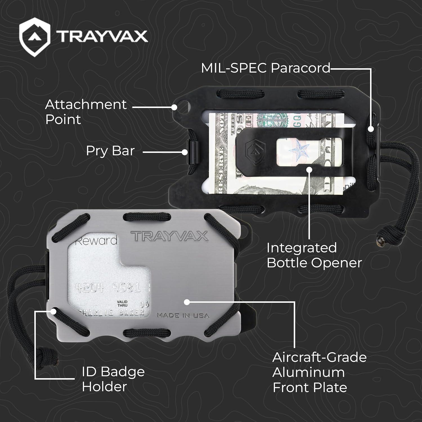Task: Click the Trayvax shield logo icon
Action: [x=35, y=37]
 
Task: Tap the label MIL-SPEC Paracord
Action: [x=266, y=68]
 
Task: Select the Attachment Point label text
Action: [x=86, y=112]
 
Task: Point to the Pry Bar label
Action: [x=110, y=151]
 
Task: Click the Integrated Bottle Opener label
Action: [x=314, y=255]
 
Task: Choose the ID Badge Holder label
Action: [x=113, y=379]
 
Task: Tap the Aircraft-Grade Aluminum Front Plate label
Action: [x=319, y=372]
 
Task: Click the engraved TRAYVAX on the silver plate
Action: [x=170, y=236]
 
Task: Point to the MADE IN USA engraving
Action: [x=183, y=315]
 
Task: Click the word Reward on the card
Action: [x=96, y=241]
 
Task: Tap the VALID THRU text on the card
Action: [x=122, y=304]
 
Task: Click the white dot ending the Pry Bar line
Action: [x=185, y=152]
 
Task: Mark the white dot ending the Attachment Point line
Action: [x=174, y=107]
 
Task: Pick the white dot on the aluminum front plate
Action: [x=187, y=302]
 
